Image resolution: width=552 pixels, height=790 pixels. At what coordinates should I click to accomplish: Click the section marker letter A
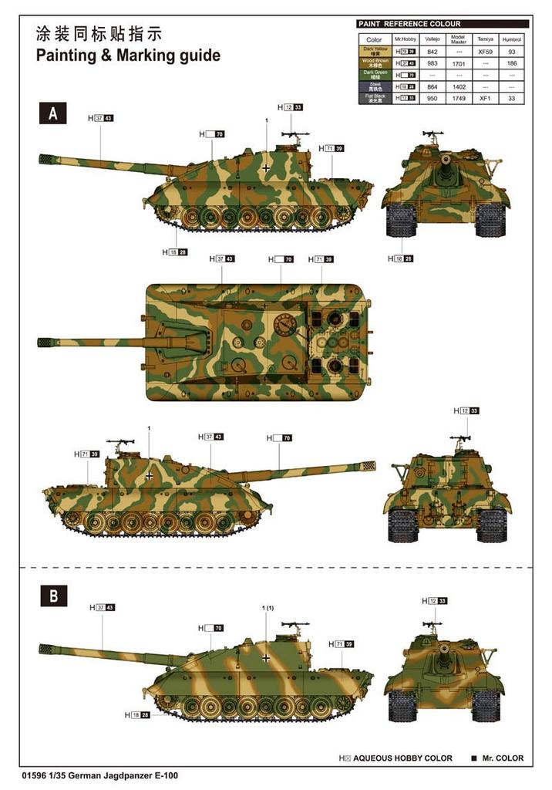pyautogui.click(x=53, y=113)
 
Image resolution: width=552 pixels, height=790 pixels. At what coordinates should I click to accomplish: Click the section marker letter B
pyautogui.click(x=53, y=595)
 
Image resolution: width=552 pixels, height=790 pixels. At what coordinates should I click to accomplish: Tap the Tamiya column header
pyautogui.click(x=485, y=39)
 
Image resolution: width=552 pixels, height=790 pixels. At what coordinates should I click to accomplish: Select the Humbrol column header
pyautogui.click(x=511, y=39)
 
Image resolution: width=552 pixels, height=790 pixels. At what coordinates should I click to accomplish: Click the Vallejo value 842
pyautogui.click(x=432, y=51)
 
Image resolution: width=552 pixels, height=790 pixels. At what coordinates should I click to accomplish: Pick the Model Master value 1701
pyautogui.click(x=458, y=63)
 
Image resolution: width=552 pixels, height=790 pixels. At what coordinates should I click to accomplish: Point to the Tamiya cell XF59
pyautogui.click(x=485, y=51)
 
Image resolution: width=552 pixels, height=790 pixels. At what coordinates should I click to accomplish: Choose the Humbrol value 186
pyautogui.click(x=511, y=63)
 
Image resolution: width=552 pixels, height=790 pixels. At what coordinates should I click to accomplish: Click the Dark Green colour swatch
pyautogui.click(x=374, y=75)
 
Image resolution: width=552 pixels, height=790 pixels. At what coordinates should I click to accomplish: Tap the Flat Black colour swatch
pyautogui.click(x=374, y=99)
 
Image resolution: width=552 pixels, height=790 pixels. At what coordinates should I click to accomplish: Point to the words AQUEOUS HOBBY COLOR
pyautogui.click(x=403, y=758)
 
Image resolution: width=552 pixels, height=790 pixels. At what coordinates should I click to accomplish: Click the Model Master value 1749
pyautogui.click(x=458, y=99)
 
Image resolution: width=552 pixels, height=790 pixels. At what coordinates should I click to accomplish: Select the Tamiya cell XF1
pyautogui.click(x=485, y=99)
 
